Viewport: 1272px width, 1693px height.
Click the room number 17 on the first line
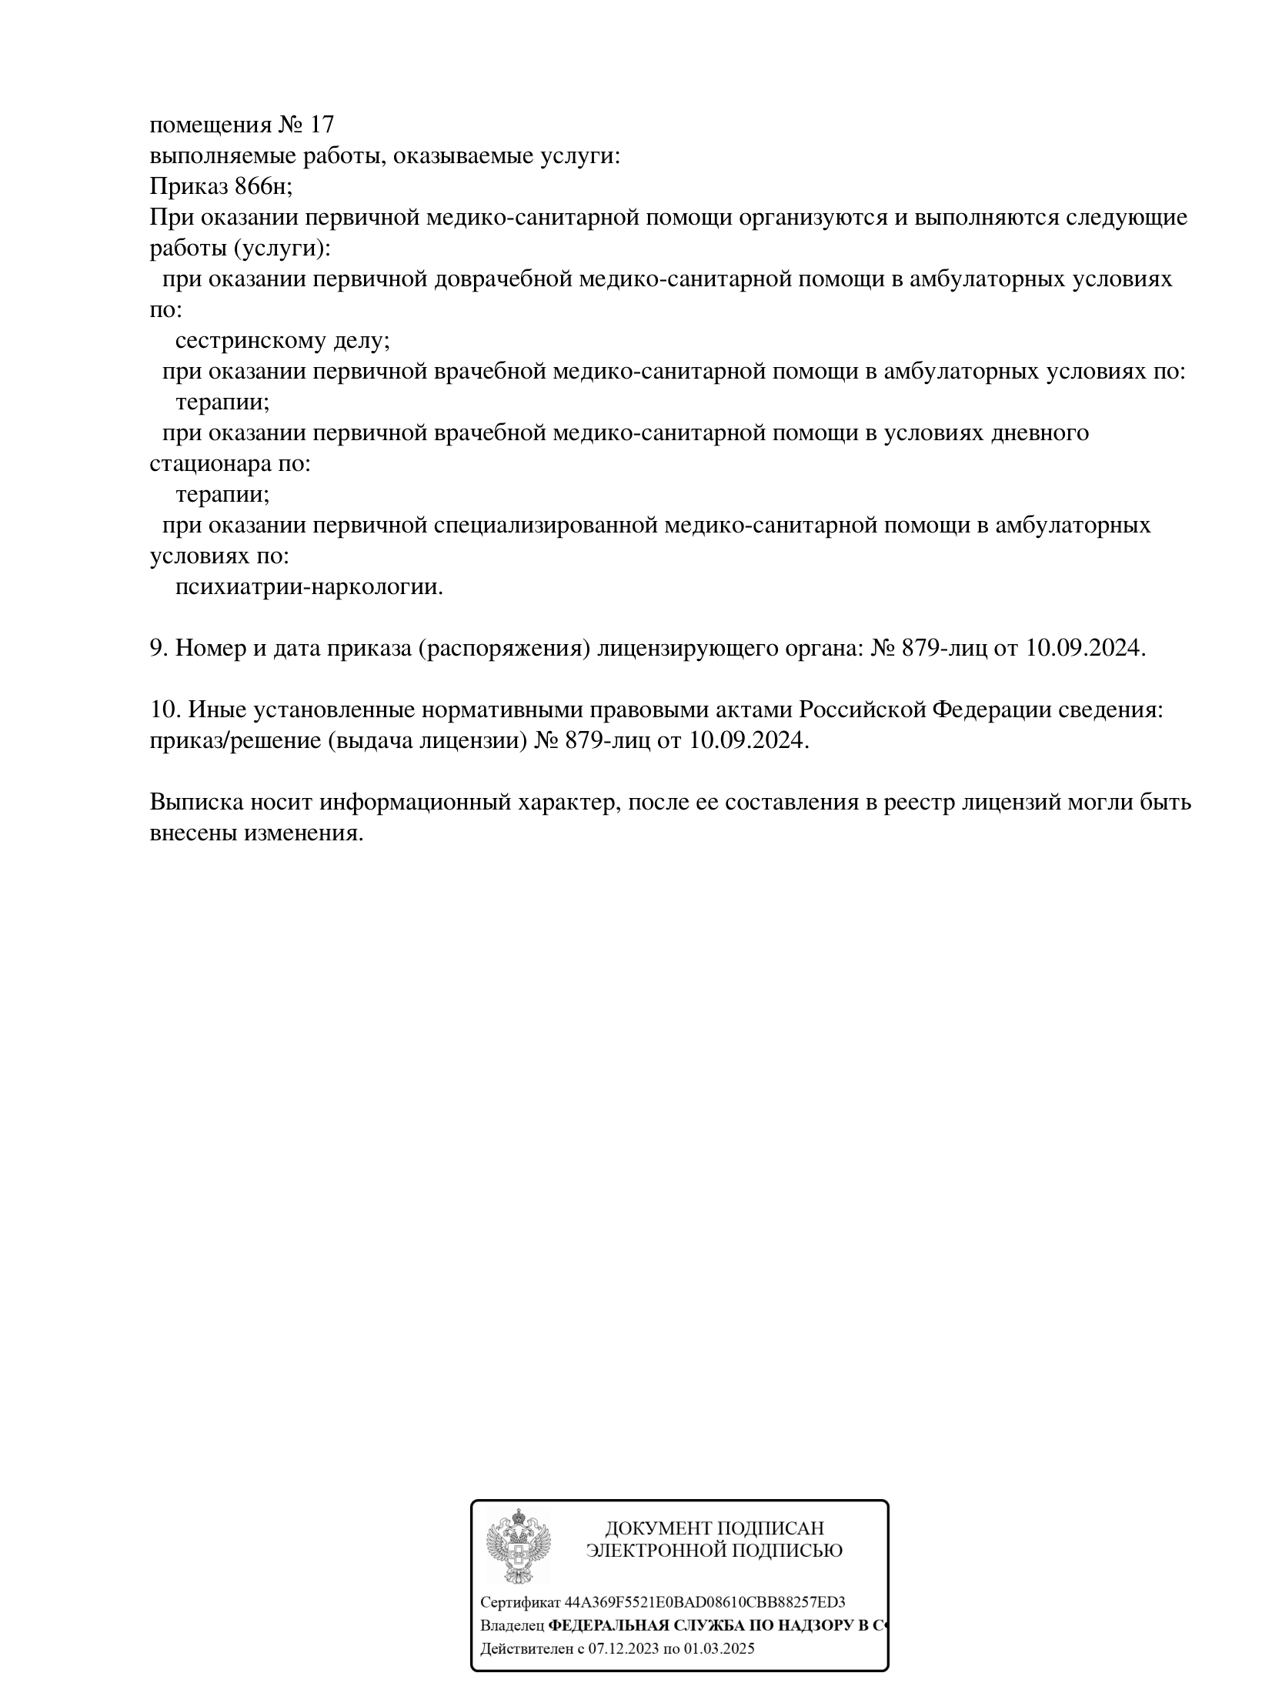(322, 125)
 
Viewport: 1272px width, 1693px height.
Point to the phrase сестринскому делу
(282, 340)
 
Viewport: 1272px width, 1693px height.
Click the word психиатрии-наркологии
(309, 587)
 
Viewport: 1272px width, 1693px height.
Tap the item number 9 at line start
(157, 649)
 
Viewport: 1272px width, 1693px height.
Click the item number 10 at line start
(163, 710)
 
